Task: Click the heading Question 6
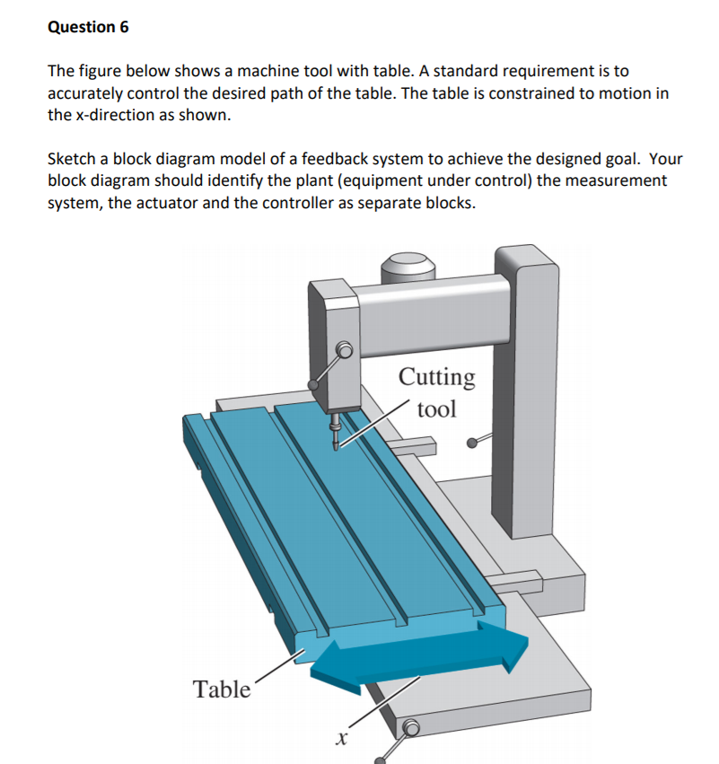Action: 88,27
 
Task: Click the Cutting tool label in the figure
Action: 437,392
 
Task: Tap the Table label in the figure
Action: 222,689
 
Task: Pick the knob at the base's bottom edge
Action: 412,728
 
